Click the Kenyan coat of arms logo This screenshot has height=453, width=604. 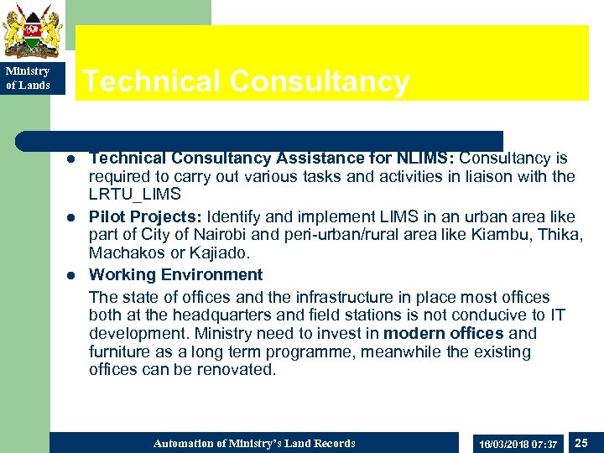tap(32, 30)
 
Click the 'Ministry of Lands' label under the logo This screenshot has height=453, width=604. tap(28, 78)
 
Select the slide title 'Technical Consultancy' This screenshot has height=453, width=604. tap(246, 81)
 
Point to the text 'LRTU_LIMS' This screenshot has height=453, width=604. tap(135, 195)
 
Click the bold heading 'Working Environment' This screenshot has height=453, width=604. tap(175, 274)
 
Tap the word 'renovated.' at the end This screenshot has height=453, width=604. tap(237, 369)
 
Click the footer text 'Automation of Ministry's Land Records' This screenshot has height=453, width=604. tap(254, 443)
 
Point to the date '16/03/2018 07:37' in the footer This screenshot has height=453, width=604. tap(516, 443)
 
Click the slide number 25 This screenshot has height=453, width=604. tap(581, 441)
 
